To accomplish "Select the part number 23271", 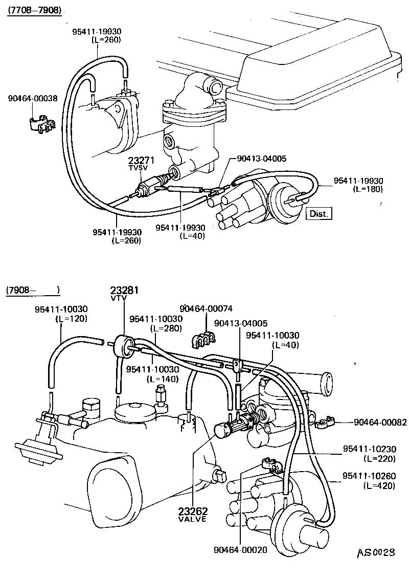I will coord(138,160).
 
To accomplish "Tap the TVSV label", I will coord(137,168).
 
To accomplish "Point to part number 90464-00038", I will coord(33,98).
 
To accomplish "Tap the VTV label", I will coord(118,298).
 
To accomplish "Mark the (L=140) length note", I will coord(162,379).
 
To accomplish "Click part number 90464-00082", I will coord(380,423).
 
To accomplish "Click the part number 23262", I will coord(193,511).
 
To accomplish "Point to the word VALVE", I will coord(192,519).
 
